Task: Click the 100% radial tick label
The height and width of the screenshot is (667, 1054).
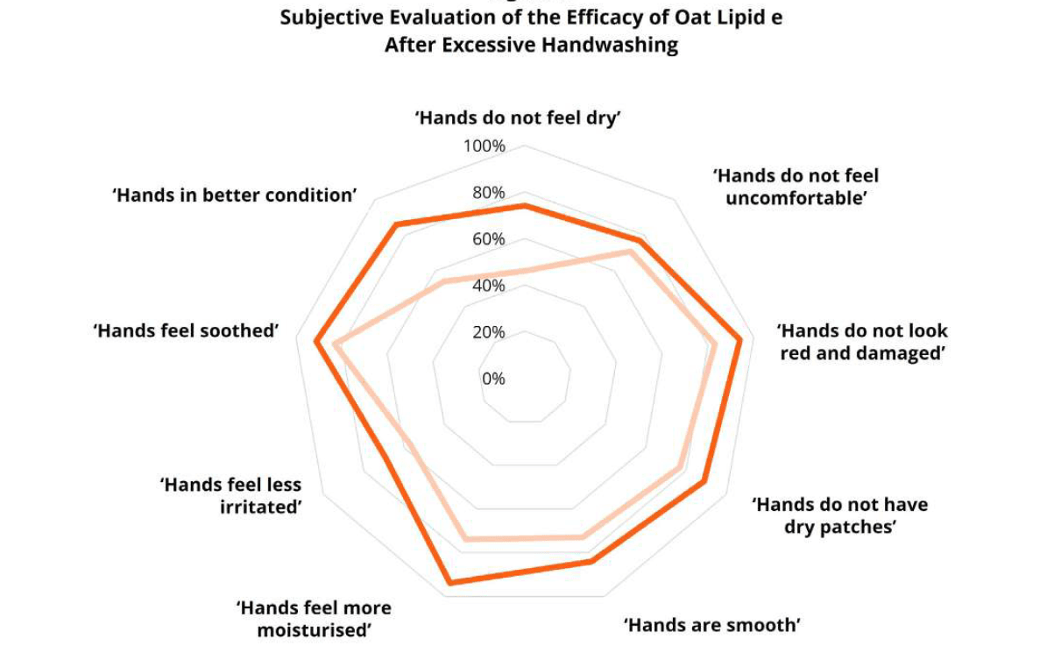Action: click(x=485, y=146)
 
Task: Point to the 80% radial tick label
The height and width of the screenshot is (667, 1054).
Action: click(x=488, y=193)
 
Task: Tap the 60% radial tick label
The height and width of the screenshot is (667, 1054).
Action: click(x=488, y=239)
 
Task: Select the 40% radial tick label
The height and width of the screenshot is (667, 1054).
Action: click(x=488, y=286)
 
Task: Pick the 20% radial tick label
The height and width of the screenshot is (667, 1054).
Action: click(x=488, y=332)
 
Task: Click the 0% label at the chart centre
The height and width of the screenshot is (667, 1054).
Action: click(x=493, y=379)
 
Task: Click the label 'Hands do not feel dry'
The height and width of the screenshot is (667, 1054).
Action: click(x=518, y=117)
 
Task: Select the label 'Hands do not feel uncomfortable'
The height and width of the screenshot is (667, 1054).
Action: click(x=796, y=187)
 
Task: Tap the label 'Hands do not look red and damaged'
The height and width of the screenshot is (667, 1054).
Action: click(x=862, y=342)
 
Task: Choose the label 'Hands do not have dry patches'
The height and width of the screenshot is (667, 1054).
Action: click(x=840, y=515)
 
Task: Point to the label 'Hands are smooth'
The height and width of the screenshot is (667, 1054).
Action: click(x=712, y=625)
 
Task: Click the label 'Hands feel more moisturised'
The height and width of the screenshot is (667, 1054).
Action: click(x=314, y=619)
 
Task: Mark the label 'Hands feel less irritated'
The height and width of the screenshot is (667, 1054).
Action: click(x=230, y=495)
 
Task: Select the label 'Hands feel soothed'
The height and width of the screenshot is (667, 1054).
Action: click(x=186, y=330)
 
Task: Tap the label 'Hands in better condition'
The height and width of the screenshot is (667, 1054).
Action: click(x=235, y=195)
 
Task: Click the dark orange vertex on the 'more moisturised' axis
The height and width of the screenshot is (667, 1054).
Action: click(x=449, y=582)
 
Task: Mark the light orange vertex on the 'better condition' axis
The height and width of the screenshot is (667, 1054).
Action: click(x=444, y=282)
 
